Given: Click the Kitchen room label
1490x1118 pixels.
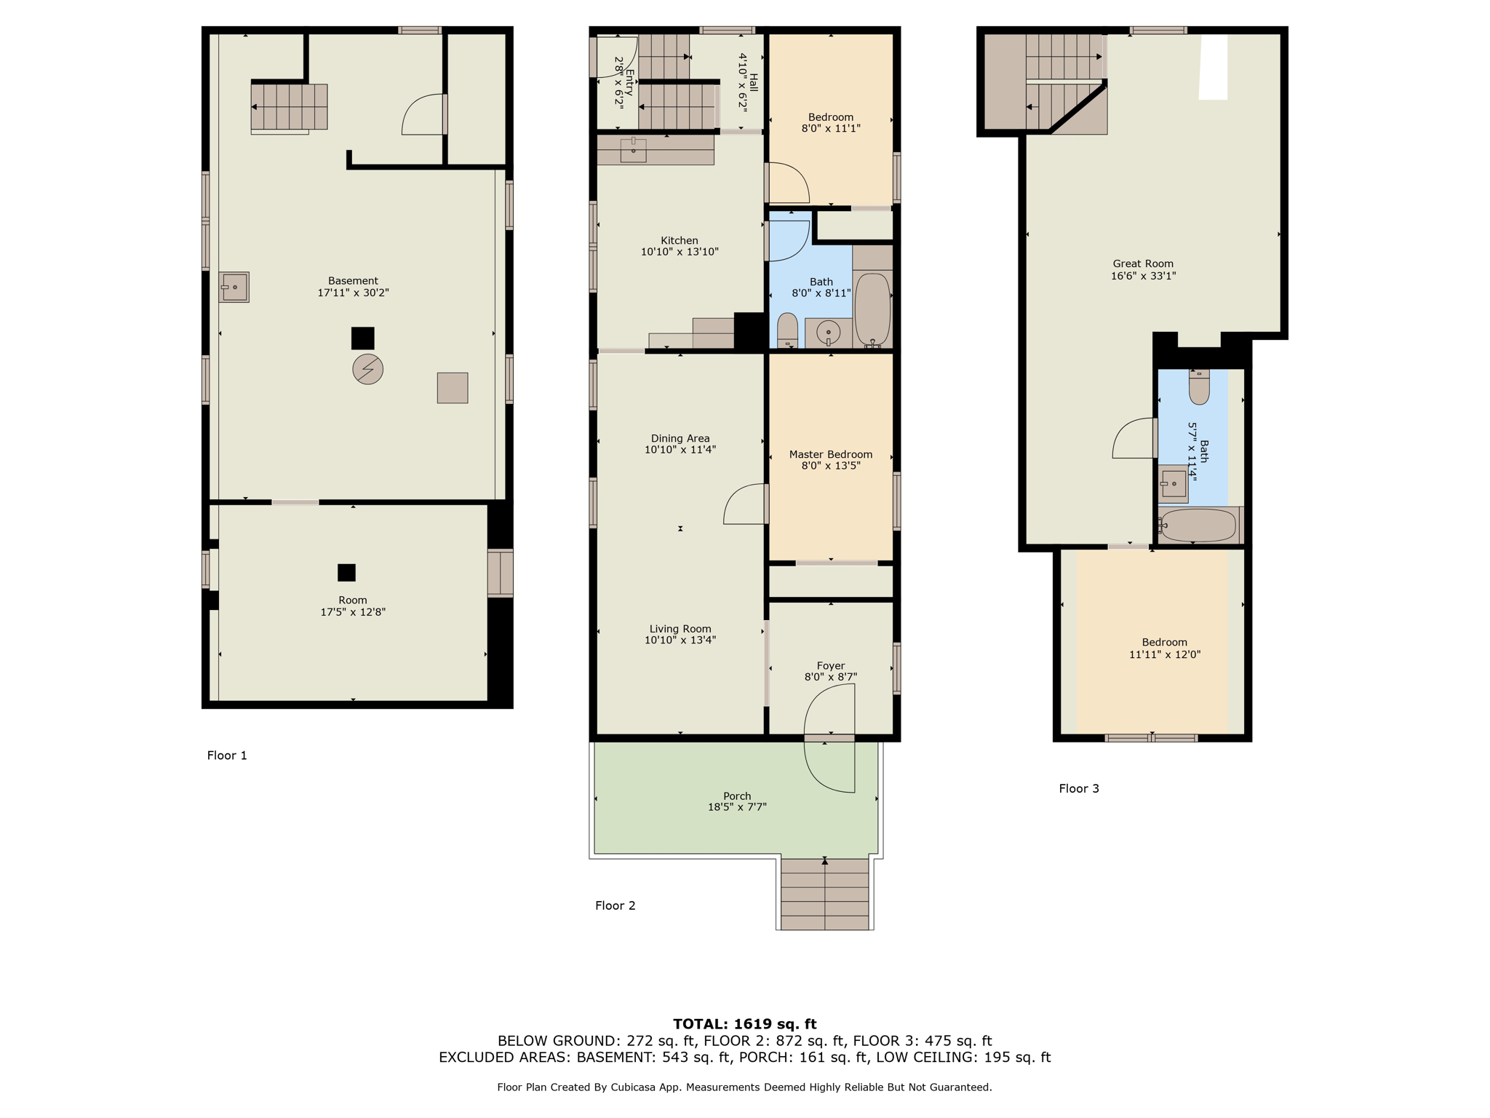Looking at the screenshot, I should tap(679, 241).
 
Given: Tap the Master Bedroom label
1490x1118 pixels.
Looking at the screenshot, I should tap(830, 454).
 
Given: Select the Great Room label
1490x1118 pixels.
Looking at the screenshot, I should tap(1143, 264).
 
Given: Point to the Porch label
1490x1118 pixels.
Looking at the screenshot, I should tap(737, 796).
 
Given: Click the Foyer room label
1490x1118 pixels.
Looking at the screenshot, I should tap(830, 665).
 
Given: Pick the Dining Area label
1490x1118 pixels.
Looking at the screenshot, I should tap(680, 438).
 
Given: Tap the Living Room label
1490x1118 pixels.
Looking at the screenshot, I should tap(680, 629).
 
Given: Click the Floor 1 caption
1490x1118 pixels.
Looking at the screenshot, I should tap(227, 756).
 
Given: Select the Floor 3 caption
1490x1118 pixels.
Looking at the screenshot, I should tap(1078, 788).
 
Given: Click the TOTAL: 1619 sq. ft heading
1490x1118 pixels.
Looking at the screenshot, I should tap(744, 1024).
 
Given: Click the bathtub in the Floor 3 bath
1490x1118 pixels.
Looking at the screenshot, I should tap(1198, 525).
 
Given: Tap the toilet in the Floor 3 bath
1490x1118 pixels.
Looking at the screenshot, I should tap(1199, 386).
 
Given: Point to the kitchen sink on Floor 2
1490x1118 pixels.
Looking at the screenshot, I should tap(633, 150).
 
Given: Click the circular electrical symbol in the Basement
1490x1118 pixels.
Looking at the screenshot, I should tap(367, 369).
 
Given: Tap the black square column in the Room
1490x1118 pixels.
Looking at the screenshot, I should tap(346, 573).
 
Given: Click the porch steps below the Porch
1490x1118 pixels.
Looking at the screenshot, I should tap(824, 894).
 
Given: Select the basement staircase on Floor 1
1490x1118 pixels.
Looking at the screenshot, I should tap(289, 106).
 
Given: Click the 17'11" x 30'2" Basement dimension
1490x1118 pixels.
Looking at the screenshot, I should tap(353, 293).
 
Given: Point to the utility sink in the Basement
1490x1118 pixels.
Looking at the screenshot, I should tap(234, 287).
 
